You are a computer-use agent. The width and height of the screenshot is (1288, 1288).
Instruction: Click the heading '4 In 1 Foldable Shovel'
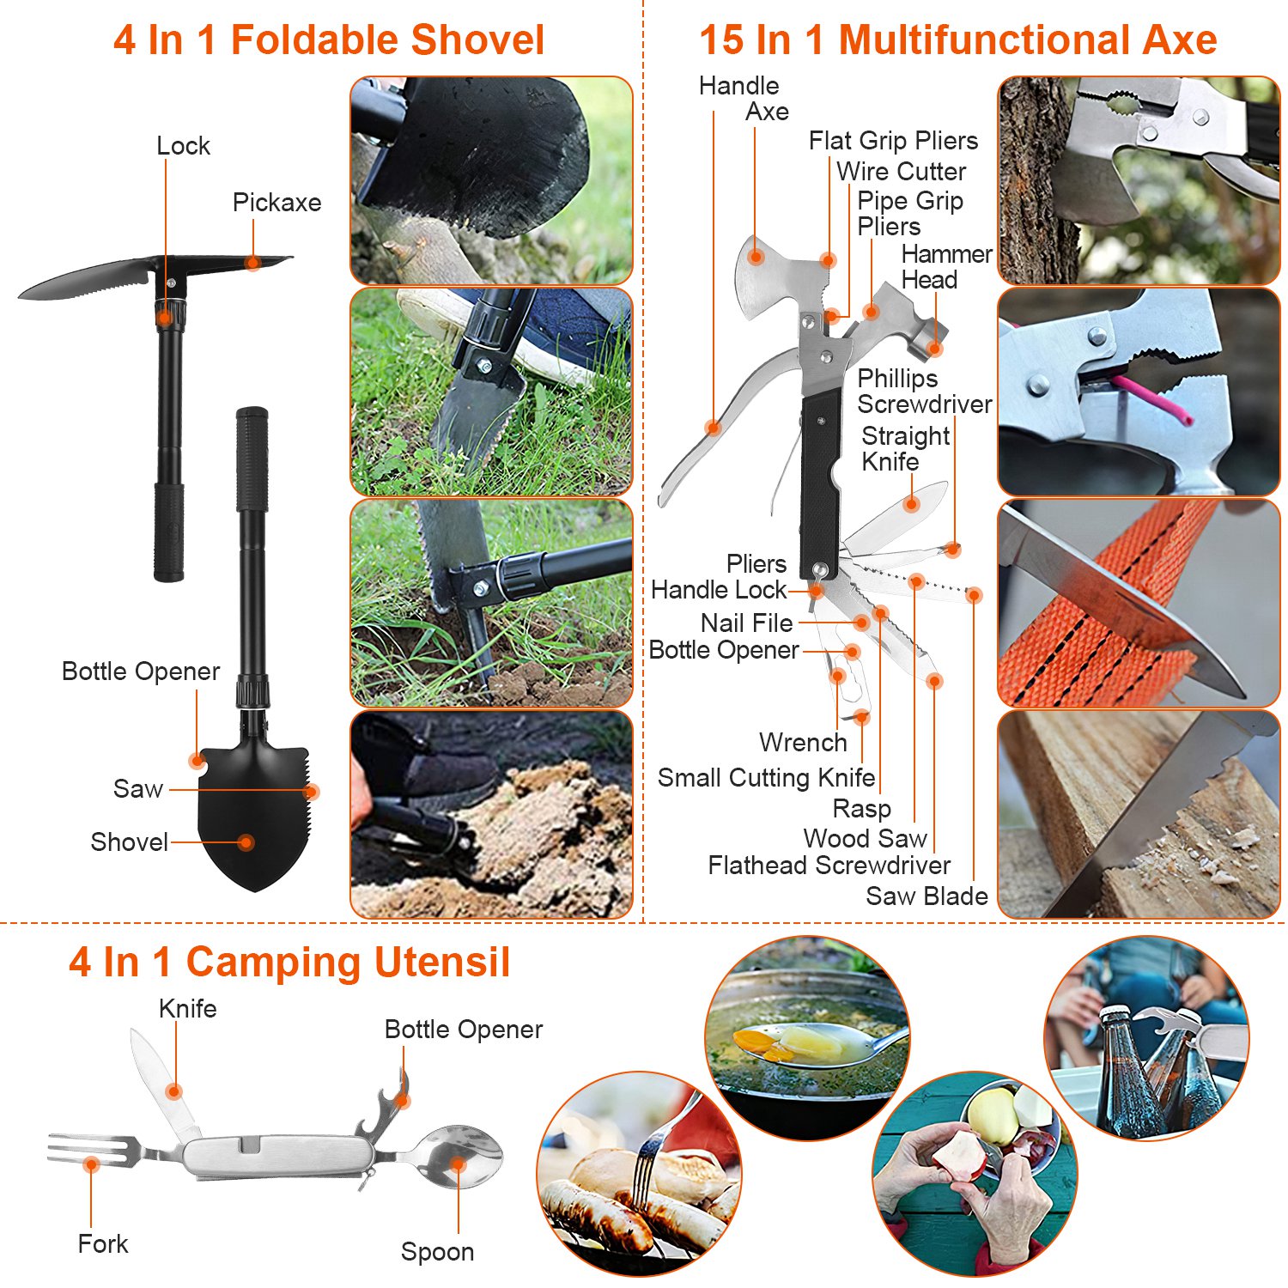[x=329, y=40]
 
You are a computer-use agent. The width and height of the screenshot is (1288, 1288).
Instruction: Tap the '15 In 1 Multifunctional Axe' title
[x=957, y=40]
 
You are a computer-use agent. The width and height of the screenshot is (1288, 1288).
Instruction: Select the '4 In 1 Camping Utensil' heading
[x=289, y=962]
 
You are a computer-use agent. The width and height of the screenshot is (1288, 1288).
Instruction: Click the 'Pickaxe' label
[x=276, y=203]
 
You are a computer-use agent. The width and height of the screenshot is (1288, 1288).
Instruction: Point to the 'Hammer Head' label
[x=945, y=267]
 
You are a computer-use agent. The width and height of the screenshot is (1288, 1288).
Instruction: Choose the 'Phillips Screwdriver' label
[x=923, y=391]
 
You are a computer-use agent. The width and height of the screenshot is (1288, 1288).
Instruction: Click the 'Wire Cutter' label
[x=901, y=172]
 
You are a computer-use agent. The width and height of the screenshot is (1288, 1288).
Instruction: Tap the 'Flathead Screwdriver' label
[x=829, y=866]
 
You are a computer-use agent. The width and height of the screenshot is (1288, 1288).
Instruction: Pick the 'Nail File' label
[x=746, y=623]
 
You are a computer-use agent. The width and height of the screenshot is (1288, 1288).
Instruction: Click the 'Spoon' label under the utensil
[x=437, y=1252]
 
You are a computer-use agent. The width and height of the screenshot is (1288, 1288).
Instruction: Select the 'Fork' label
[x=102, y=1243]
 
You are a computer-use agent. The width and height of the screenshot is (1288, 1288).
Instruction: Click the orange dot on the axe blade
[x=756, y=256]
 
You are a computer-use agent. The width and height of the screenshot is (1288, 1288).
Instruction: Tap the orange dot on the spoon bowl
[x=459, y=1165]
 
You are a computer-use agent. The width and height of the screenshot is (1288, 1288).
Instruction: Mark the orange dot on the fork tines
[x=91, y=1164]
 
